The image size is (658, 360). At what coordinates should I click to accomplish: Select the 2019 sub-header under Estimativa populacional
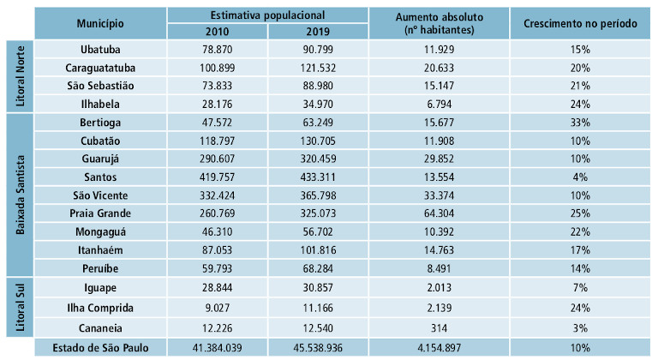pos(317,32)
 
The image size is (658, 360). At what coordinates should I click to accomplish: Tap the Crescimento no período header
pos(580,23)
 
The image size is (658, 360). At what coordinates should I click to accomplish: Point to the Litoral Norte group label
pos(21,76)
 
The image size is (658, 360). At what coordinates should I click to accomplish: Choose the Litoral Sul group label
pos(21,307)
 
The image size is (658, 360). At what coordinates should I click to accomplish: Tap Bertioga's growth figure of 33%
pos(580,122)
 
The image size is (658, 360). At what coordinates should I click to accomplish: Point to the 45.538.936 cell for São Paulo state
pos(317,347)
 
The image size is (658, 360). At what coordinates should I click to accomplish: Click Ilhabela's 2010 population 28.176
pos(217,104)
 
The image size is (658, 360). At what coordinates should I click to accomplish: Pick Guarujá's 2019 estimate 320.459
pos(317,158)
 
